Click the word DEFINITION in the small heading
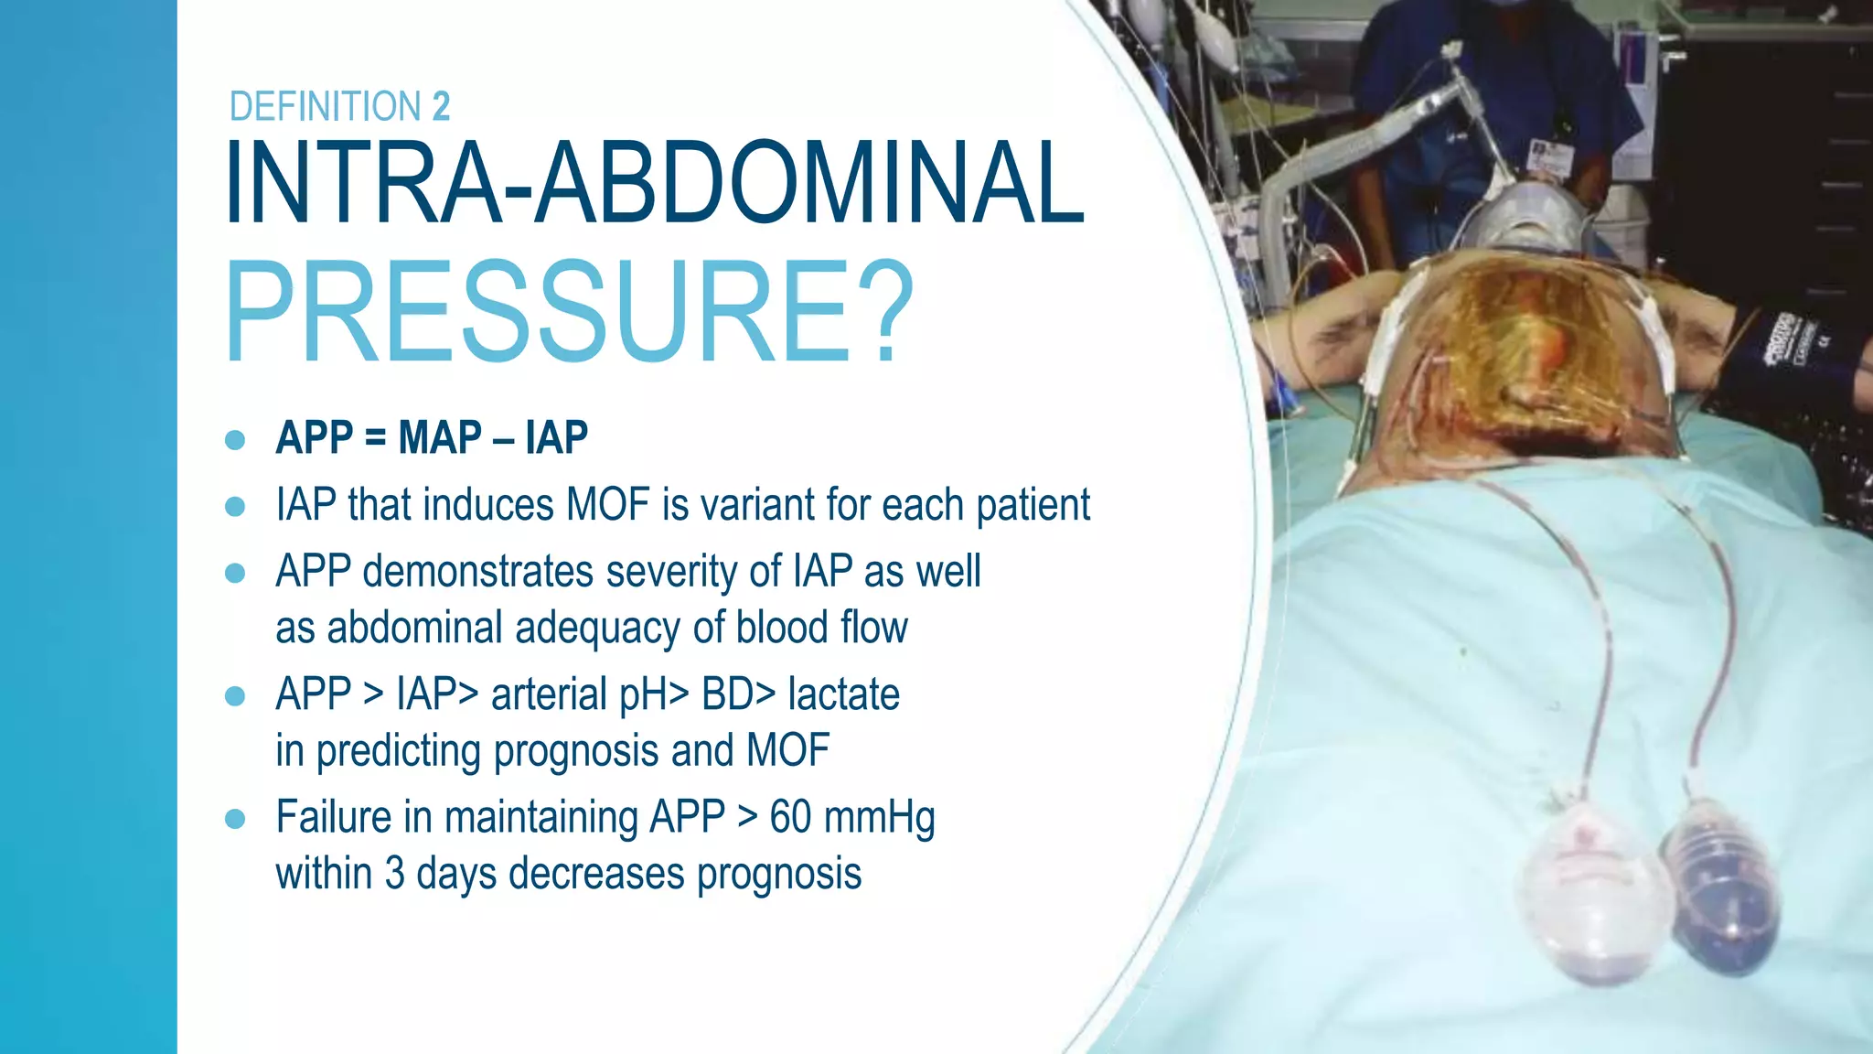pyautogui.click(x=325, y=107)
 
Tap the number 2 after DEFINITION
pyautogui.click(x=441, y=107)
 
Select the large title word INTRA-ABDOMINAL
pyautogui.click(x=653, y=183)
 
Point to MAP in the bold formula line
pyautogui.click(x=440, y=437)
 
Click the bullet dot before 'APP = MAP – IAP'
pyautogui.click(x=235, y=439)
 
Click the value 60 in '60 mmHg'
pyautogui.click(x=790, y=817)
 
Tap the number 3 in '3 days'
pyautogui.click(x=394, y=874)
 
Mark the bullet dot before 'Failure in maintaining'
pyautogui.click(x=235, y=818)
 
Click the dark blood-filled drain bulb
pyautogui.click(x=1720, y=897)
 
